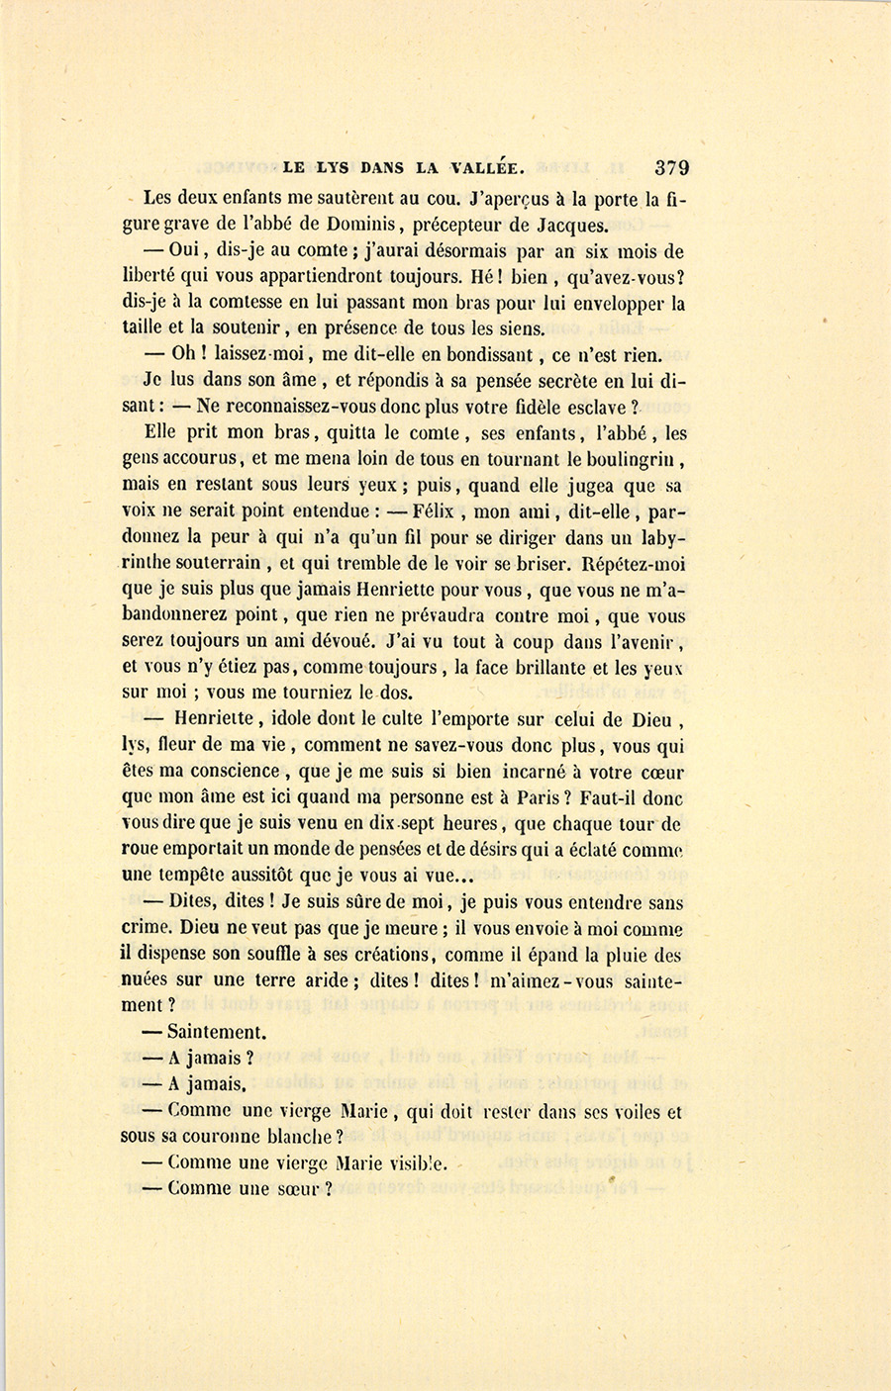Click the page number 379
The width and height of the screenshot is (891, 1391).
point(671,168)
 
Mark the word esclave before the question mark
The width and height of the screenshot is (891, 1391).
point(593,407)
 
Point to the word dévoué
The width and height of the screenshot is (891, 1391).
point(344,641)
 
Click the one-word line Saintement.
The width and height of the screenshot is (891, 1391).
point(216,1032)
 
